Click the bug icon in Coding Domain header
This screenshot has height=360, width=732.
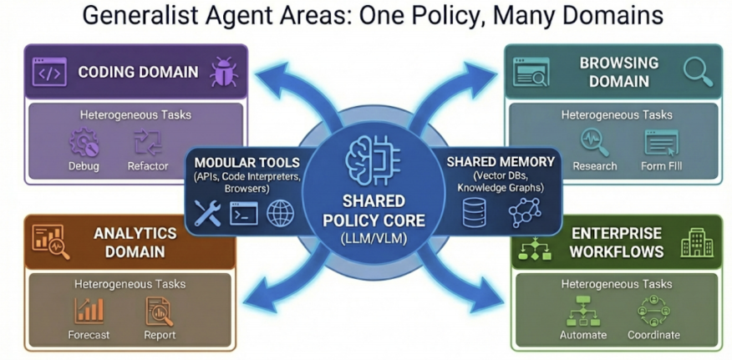[x=223, y=72]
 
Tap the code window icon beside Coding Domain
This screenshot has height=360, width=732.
[x=49, y=72]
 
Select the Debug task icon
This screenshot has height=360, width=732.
[x=84, y=143]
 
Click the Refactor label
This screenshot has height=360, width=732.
[x=148, y=166]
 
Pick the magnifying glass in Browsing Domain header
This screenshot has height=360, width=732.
[x=697, y=72]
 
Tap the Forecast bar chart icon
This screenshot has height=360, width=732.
[x=89, y=310]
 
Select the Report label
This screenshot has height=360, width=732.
[x=159, y=335]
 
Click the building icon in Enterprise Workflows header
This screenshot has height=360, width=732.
[x=696, y=242]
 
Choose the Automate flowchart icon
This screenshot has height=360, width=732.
[x=582, y=311]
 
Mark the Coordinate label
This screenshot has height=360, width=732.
[x=653, y=335]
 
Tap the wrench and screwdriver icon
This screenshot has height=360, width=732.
[x=207, y=214]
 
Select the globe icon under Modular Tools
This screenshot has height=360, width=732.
[x=280, y=214]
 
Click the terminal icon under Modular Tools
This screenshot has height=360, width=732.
[x=244, y=214]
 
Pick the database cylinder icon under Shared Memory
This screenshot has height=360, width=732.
[x=474, y=214]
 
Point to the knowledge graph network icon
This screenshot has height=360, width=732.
[x=525, y=214]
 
